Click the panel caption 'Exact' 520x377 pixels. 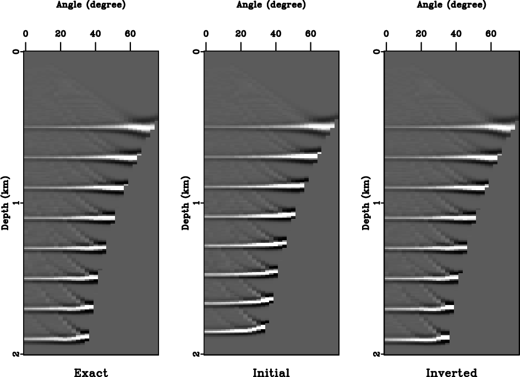(x=91, y=373)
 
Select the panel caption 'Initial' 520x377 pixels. (x=271, y=373)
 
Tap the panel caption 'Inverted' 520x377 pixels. (x=451, y=373)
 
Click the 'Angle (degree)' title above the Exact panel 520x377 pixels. (x=91, y=5)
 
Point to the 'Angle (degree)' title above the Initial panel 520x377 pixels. (x=271, y=5)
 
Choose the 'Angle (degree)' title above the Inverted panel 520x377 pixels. (x=451, y=5)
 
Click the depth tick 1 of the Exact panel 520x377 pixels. (x=17, y=203)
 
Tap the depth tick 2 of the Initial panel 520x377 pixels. (x=197, y=353)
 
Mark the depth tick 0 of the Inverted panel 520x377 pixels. (x=377, y=52)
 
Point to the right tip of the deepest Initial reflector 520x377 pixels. (x=264, y=328)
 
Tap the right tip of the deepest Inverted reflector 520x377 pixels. (x=447, y=336)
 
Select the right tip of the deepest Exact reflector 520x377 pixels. (x=86, y=336)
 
